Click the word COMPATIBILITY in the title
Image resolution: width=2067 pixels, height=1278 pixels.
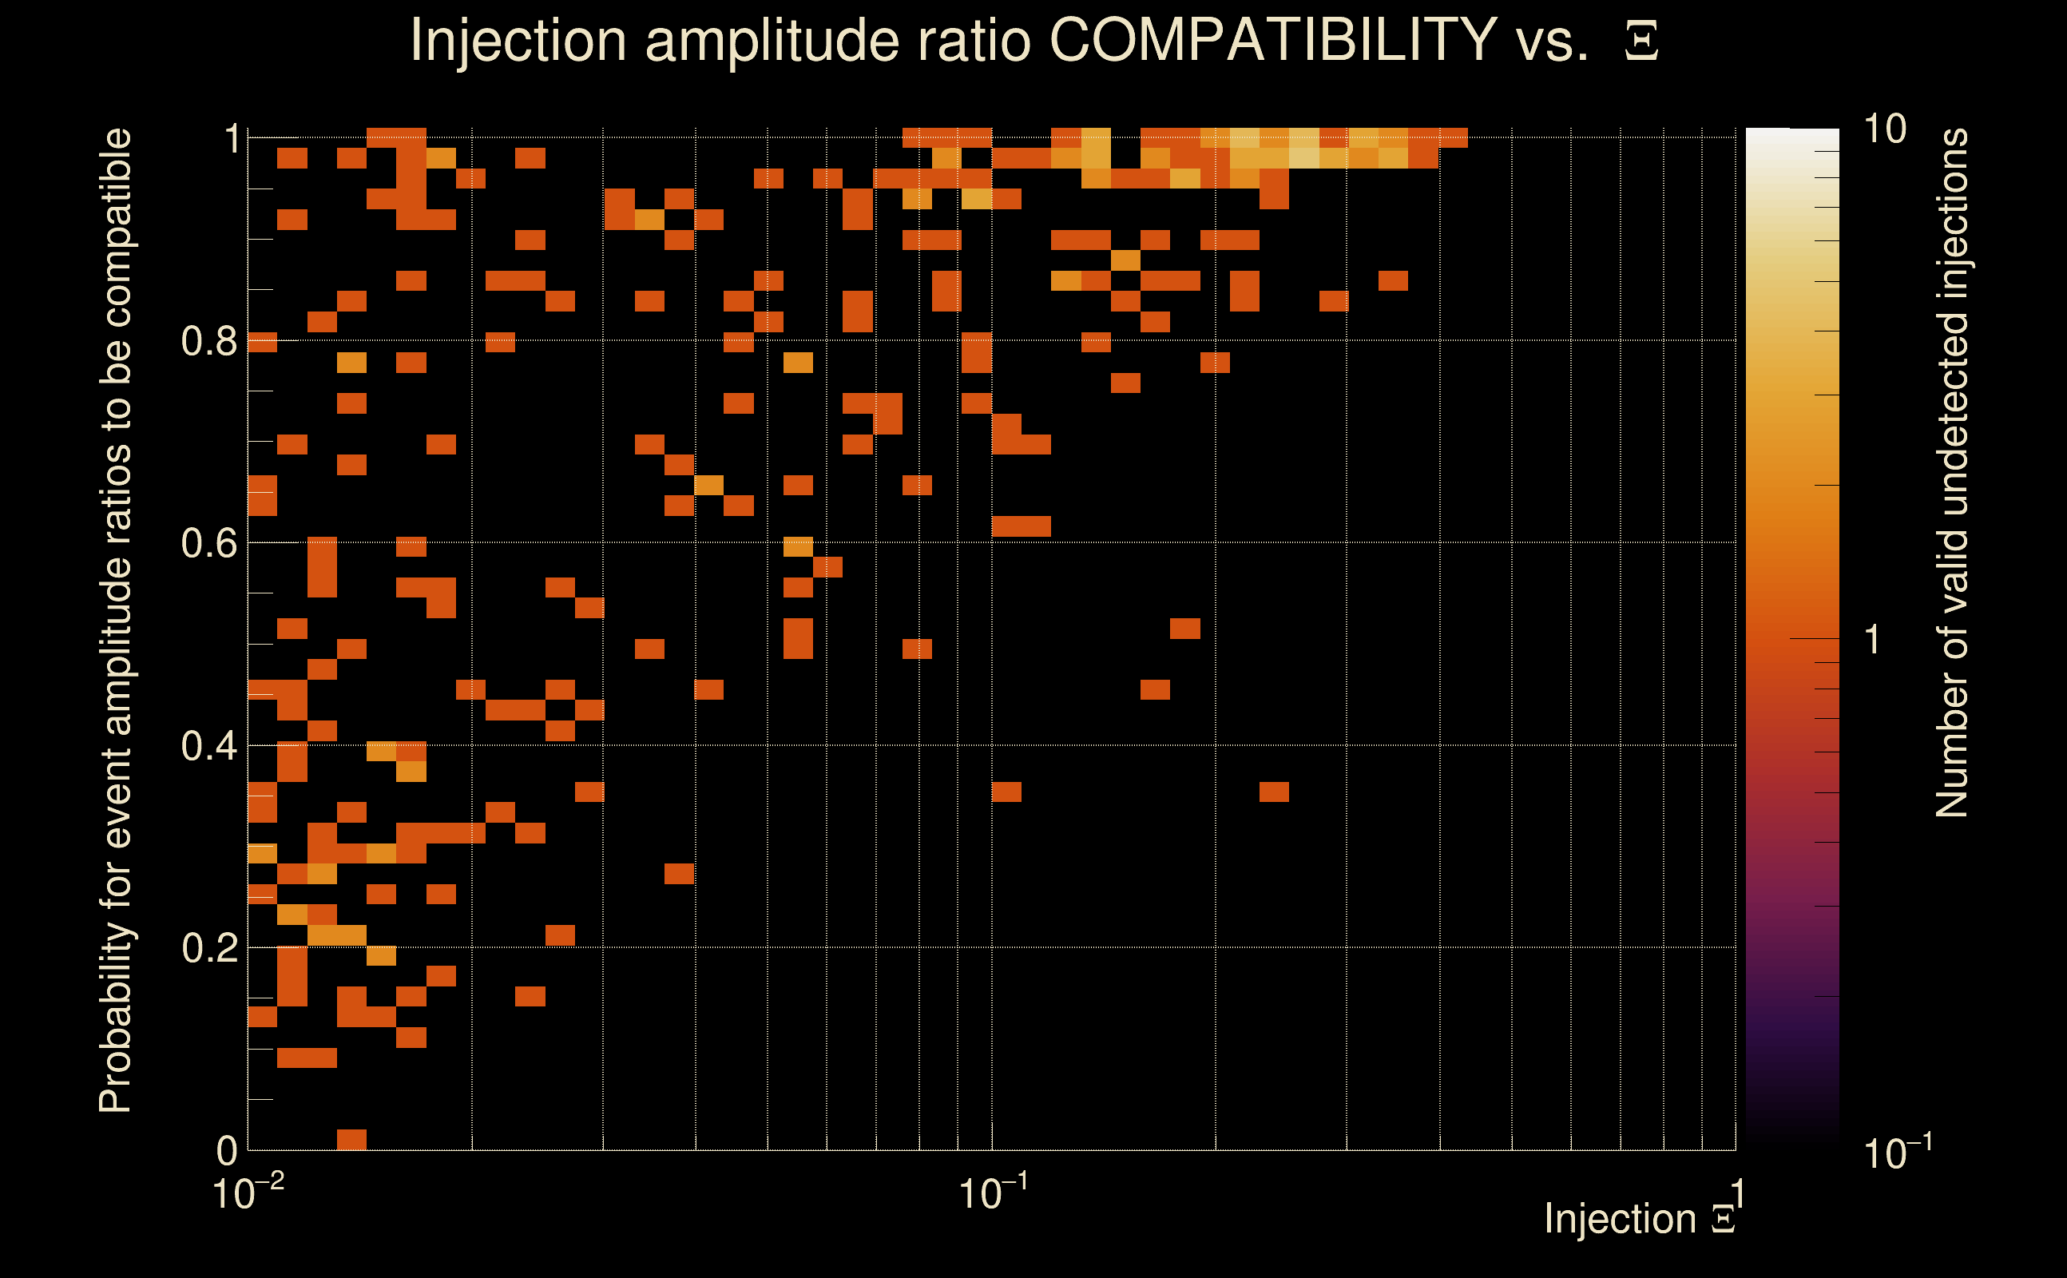[1272, 40]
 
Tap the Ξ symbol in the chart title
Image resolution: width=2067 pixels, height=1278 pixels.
[1641, 42]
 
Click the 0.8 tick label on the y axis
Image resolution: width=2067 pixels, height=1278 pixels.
[208, 342]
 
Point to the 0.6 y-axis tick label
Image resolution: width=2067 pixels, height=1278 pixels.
[208, 543]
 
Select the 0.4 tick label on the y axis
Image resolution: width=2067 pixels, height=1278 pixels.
[208, 746]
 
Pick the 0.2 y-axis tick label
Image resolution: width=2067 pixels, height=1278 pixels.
[208, 948]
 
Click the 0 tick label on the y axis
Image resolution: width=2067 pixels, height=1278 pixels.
[227, 1150]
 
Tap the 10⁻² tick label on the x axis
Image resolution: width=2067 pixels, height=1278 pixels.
[248, 1193]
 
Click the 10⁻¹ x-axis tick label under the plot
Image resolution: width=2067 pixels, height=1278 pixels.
[993, 1193]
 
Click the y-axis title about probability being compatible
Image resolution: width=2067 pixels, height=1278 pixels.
[116, 621]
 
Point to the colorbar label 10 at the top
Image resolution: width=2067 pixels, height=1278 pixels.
[1884, 129]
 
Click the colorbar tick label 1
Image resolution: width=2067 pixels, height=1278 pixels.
[1873, 640]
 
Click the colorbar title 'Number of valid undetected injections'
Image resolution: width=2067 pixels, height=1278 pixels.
[1952, 474]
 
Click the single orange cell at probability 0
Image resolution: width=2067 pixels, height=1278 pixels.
[351, 1139]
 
